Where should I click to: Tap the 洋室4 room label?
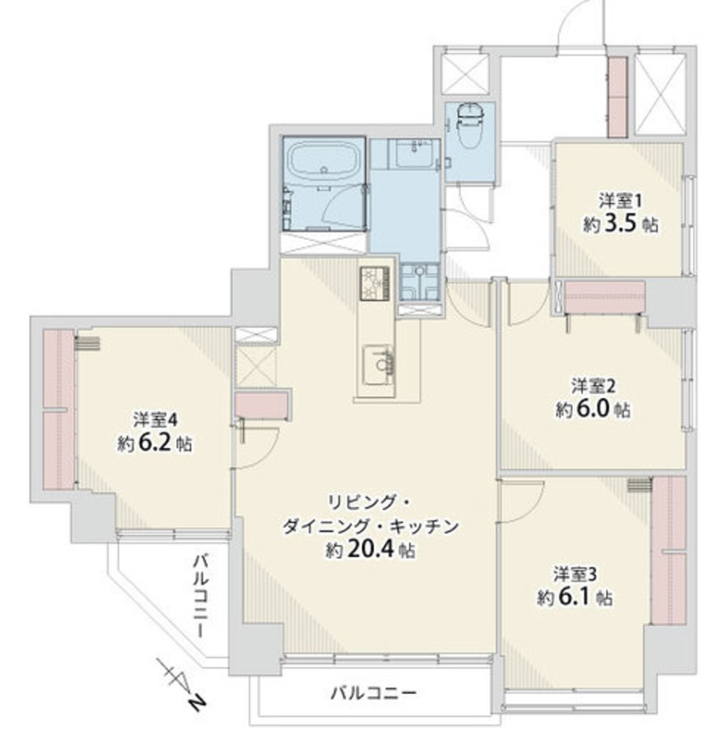[x=155, y=420]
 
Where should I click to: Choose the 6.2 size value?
[x=155, y=443]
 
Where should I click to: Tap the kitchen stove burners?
[x=374, y=283]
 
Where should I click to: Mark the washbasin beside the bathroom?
[x=415, y=153]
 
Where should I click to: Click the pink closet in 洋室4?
[x=58, y=409]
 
